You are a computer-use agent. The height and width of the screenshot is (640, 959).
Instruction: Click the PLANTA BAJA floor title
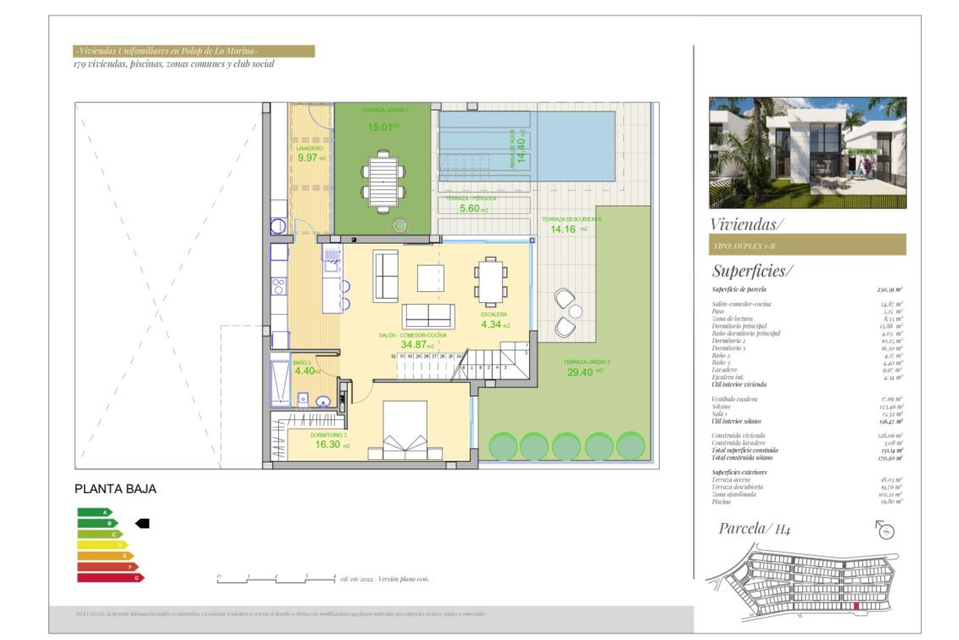pyautogui.click(x=115, y=489)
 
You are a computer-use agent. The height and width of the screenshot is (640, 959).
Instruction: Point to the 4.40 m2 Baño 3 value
pyautogui.click(x=306, y=371)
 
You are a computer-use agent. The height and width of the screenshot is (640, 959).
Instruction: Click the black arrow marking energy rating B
pyautogui.click(x=143, y=523)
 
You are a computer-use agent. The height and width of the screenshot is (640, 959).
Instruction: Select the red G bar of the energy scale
pyautogui.click(x=110, y=578)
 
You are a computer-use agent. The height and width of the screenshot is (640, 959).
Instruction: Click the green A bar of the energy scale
pyautogui.click(x=94, y=512)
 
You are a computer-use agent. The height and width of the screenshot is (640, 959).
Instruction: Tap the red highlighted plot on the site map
pyautogui.click(x=856, y=606)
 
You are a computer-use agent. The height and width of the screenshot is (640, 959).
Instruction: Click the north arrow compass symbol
pyautogui.click(x=885, y=530)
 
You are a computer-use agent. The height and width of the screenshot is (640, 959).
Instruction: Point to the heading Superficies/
pyautogui.click(x=752, y=270)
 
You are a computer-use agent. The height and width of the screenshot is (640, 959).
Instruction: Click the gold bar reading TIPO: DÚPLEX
pyautogui.click(x=807, y=245)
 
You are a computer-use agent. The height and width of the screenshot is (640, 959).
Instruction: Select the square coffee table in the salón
pyautogui.click(x=431, y=278)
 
